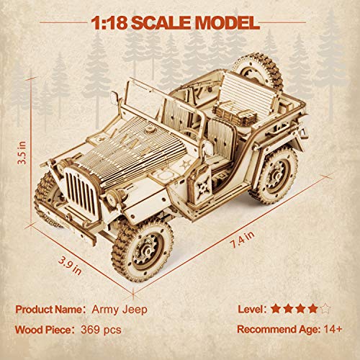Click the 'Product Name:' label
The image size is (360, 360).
(49, 309)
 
